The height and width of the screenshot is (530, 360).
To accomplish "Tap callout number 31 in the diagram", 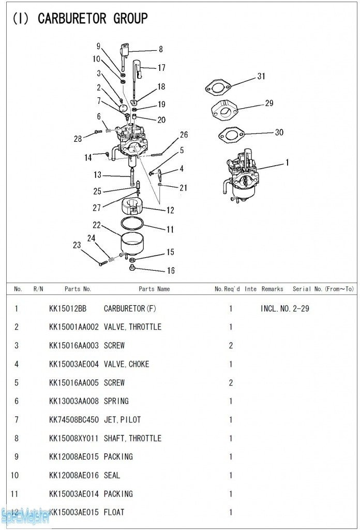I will click(x=261, y=76).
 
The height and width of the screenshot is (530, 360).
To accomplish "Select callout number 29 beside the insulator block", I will click(x=269, y=103).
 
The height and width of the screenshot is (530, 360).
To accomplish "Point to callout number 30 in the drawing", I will click(x=279, y=132).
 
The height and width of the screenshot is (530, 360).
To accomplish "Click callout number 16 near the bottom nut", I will click(x=171, y=271).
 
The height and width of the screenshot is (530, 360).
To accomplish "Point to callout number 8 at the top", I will click(x=161, y=50).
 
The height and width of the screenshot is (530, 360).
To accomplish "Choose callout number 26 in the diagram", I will click(x=184, y=135).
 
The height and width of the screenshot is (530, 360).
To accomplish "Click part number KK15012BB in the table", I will click(x=68, y=308).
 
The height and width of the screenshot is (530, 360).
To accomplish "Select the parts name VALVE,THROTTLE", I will click(x=132, y=327).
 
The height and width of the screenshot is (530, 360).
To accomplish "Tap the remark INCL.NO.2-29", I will click(x=285, y=308).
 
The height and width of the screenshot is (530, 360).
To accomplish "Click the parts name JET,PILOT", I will click(x=122, y=420).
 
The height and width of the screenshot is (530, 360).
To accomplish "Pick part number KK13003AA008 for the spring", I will click(x=73, y=401).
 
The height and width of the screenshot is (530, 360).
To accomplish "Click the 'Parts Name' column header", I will click(x=154, y=289).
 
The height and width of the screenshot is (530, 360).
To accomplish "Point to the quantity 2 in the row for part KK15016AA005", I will click(x=231, y=382).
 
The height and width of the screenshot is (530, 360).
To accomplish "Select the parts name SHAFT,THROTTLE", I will click(x=132, y=438).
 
